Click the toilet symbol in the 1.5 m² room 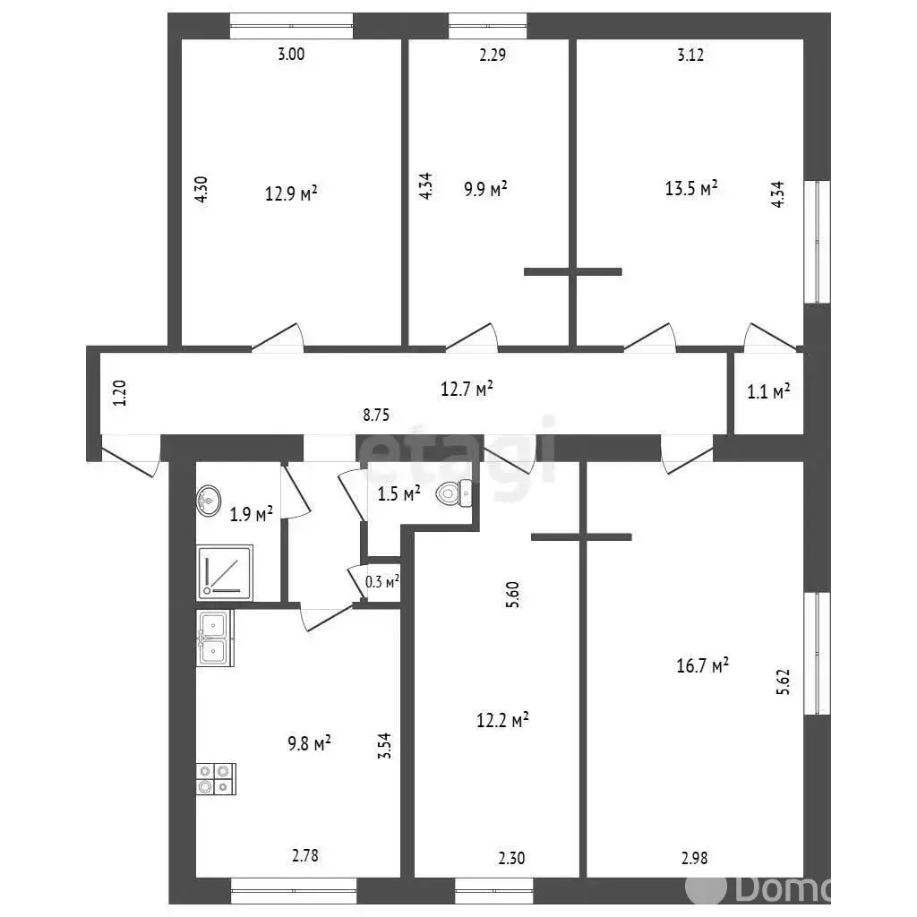(454, 493)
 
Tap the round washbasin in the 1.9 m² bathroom (209, 501)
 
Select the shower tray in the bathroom (225, 572)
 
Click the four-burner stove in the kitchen (217, 779)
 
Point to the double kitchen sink (215, 638)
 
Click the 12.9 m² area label (291, 193)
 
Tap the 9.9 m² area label (485, 189)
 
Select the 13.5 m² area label (691, 188)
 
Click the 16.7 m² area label (702, 665)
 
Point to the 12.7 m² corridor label (467, 389)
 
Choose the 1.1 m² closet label (768, 391)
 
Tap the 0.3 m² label (382, 582)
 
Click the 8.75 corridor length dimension (376, 416)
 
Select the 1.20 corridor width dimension (120, 393)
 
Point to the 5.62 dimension (783, 681)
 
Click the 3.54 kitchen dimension (384, 746)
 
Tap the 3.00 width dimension (291, 55)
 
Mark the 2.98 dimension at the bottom (695, 858)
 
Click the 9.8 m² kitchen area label (309, 744)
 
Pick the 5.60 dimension (512, 595)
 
